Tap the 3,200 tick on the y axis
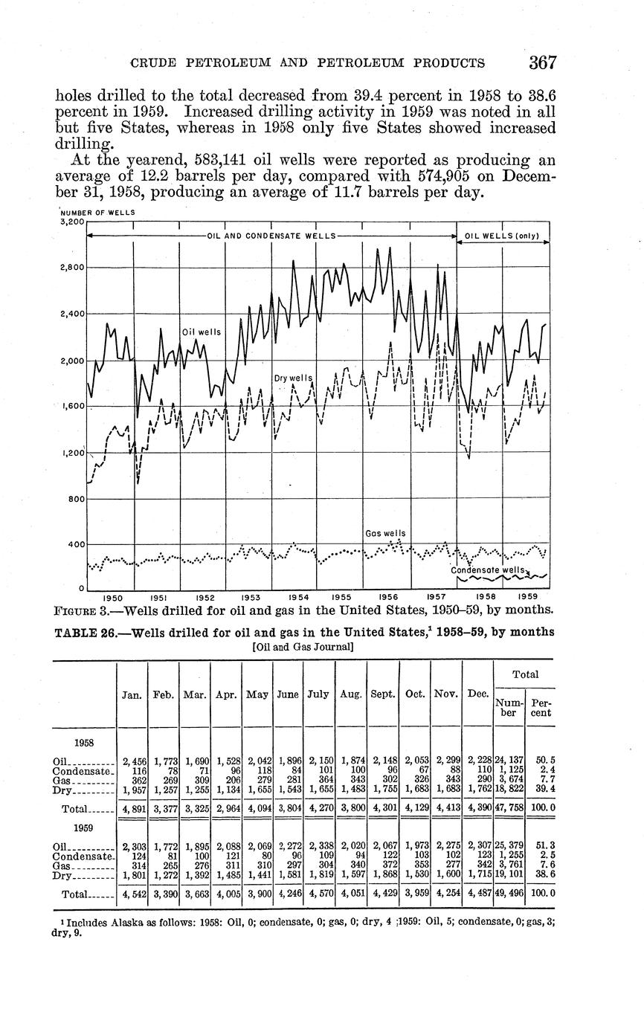72,222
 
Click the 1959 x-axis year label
527,596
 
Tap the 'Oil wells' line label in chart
202,332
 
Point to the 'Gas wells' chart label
386,534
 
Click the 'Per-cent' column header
541,707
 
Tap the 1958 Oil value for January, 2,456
132,761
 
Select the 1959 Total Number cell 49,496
509,894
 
